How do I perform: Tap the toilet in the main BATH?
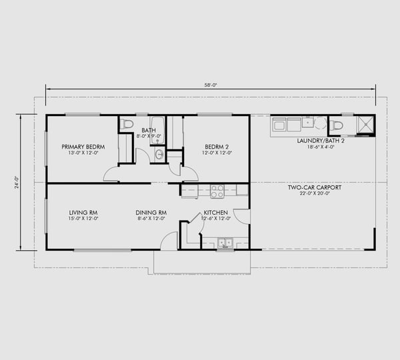click(128, 123)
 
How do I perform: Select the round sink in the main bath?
click(159, 155)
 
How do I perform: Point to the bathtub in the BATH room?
click(157, 129)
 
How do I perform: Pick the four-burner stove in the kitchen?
click(217, 191)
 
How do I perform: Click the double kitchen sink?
click(225, 243)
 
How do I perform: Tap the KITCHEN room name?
click(216, 213)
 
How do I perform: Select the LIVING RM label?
click(83, 213)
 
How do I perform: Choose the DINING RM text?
click(151, 213)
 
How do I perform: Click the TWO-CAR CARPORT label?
click(314, 187)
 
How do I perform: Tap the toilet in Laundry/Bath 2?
click(337, 125)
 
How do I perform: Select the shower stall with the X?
click(365, 125)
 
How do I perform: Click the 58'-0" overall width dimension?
click(210, 85)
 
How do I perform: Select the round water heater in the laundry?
click(321, 124)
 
